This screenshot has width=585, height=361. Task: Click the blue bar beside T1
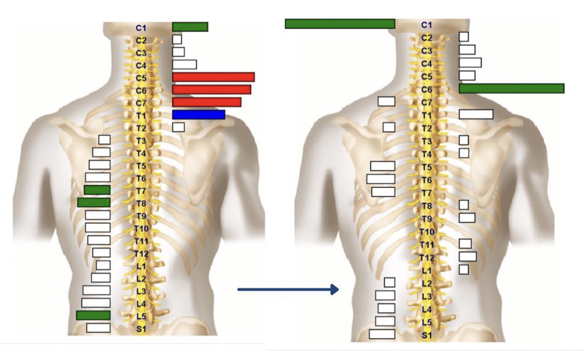[x=198, y=114]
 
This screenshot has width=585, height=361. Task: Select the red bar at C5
[x=213, y=77]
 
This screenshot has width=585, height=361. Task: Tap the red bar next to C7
[x=207, y=102]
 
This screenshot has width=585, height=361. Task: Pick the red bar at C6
[x=212, y=89]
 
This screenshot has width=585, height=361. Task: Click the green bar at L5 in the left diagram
[x=93, y=315]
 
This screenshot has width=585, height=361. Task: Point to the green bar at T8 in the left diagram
[x=94, y=202]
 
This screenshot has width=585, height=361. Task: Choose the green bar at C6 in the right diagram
[x=512, y=88]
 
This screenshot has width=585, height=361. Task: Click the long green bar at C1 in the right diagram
[x=340, y=24]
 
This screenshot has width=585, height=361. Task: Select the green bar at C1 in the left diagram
[x=190, y=27]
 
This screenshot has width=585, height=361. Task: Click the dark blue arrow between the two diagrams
[x=288, y=290]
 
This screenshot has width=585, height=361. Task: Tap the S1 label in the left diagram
[x=141, y=329]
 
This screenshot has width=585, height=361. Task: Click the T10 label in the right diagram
[x=427, y=232]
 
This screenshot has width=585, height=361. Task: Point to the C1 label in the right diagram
[x=426, y=25]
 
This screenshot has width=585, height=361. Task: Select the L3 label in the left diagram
[x=141, y=291]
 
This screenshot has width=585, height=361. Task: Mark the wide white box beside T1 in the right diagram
[x=476, y=114]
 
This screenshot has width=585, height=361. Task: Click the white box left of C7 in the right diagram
[x=386, y=102]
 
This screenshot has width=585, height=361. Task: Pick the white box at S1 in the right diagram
[x=382, y=334]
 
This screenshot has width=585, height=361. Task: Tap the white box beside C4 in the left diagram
[x=184, y=64]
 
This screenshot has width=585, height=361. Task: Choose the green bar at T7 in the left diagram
[x=97, y=190]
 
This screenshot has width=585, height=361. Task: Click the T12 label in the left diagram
[x=141, y=254]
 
